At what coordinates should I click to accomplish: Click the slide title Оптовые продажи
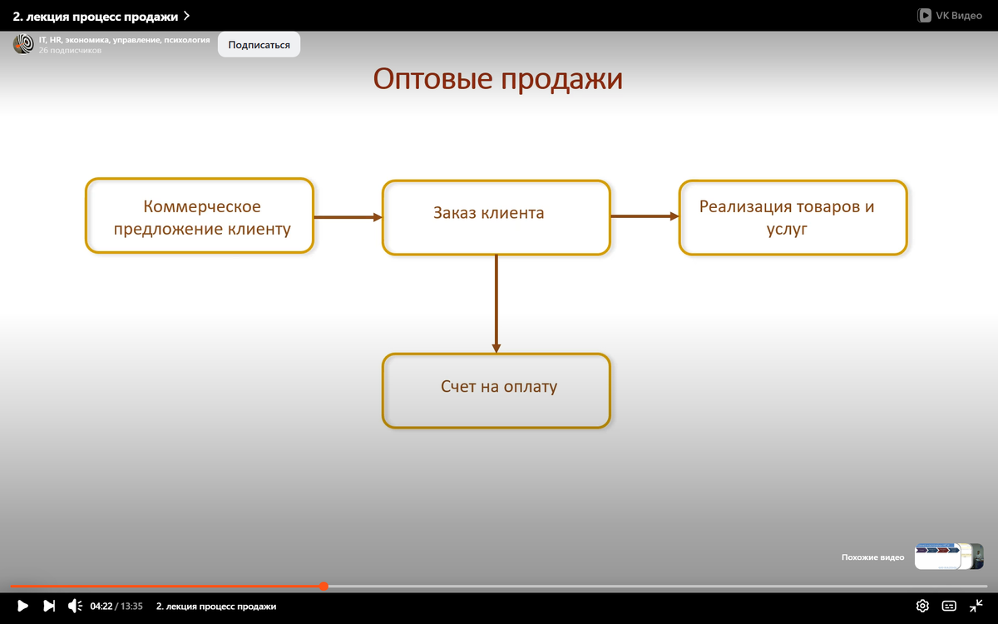click(x=497, y=79)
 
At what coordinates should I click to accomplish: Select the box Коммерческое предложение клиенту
click(x=200, y=216)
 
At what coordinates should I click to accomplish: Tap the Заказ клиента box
click(x=496, y=216)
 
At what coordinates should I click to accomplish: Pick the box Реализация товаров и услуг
click(x=793, y=216)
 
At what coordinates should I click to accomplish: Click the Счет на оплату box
click(x=496, y=390)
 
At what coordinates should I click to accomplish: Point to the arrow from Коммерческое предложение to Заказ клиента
click(x=348, y=217)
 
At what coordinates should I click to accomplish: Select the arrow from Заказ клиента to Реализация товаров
click(x=645, y=216)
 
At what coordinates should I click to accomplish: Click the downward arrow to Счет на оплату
click(x=497, y=304)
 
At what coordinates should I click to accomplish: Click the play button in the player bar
click(x=22, y=606)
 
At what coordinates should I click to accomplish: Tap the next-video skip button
click(x=49, y=606)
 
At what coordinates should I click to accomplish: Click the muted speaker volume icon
click(x=74, y=606)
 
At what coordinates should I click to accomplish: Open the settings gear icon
click(x=922, y=606)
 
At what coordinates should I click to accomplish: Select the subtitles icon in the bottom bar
click(x=949, y=606)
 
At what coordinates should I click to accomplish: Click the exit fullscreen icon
click(x=976, y=606)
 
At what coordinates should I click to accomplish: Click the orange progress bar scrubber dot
click(x=324, y=587)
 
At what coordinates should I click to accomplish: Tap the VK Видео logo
click(x=949, y=15)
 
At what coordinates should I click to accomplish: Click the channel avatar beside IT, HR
click(x=23, y=45)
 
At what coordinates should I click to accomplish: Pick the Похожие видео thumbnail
click(x=948, y=557)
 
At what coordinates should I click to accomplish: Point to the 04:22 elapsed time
click(x=101, y=607)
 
